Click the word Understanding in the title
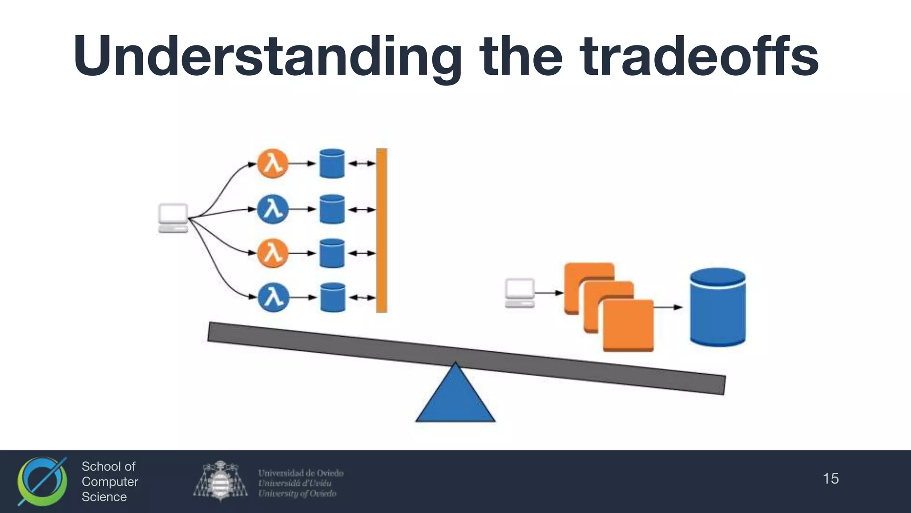coord(267,57)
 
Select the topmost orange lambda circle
coord(273,163)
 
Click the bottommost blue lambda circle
coord(273,297)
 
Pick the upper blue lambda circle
coord(273,209)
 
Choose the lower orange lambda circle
coord(273,253)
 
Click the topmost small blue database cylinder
coord(332,163)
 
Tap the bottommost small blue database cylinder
coord(332,297)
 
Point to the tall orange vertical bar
coord(382,230)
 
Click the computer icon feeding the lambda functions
coord(173,218)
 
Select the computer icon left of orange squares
coord(520,293)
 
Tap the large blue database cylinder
coord(718,307)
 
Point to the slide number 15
coord(830,479)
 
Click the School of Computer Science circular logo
coord(42,481)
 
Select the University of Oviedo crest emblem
coord(220,481)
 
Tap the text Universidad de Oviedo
coord(301,473)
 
